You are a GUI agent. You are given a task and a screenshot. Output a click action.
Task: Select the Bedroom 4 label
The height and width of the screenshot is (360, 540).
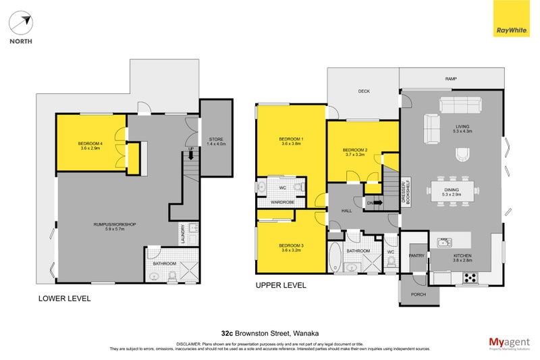[x=90, y=145]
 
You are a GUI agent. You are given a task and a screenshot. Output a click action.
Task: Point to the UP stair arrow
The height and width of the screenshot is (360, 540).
[x=191, y=155]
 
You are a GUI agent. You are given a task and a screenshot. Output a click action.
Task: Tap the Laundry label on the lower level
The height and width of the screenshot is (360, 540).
[x=183, y=234]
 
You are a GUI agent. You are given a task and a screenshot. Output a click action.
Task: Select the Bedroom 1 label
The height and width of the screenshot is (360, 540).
[x=291, y=141]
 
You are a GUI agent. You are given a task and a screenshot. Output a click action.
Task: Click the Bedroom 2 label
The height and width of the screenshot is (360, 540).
[x=354, y=152]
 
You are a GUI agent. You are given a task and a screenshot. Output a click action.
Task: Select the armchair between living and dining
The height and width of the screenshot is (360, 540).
[x=461, y=156]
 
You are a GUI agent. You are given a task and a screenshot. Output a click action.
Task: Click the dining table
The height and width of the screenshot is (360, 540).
[x=452, y=190]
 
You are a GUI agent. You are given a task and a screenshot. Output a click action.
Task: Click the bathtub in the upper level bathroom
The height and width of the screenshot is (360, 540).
[x=335, y=257]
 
